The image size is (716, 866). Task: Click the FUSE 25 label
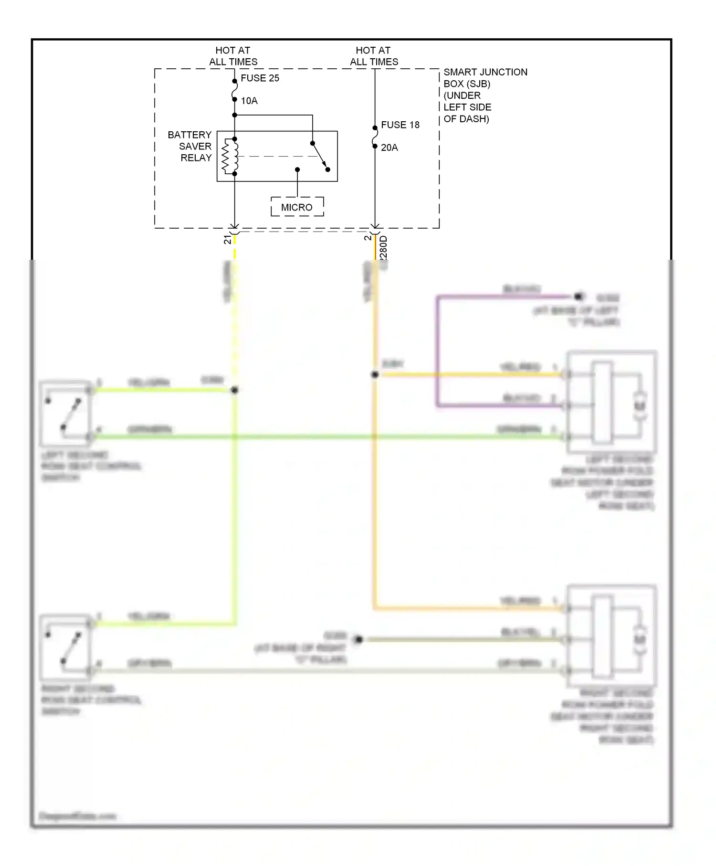click(259, 78)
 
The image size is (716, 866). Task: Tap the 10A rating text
click(249, 101)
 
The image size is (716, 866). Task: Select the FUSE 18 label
click(400, 125)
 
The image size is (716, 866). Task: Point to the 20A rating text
click(389, 148)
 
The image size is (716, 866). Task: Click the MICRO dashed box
click(297, 207)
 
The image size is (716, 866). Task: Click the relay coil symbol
click(230, 156)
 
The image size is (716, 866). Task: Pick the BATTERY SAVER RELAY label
click(190, 146)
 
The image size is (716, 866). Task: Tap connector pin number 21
click(227, 240)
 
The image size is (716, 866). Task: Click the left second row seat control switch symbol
click(65, 413)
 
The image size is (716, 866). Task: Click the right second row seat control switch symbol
click(65, 647)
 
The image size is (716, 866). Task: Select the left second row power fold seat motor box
click(611, 402)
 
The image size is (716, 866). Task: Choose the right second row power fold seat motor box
click(611, 636)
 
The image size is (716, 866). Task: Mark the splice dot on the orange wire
click(375, 375)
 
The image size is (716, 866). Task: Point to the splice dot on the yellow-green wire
click(234, 390)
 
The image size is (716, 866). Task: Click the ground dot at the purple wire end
click(579, 296)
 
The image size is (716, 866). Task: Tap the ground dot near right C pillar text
click(358, 639)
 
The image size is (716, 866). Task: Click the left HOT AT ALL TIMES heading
click(233, 56)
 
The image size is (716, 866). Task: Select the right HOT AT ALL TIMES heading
click(374, 56)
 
